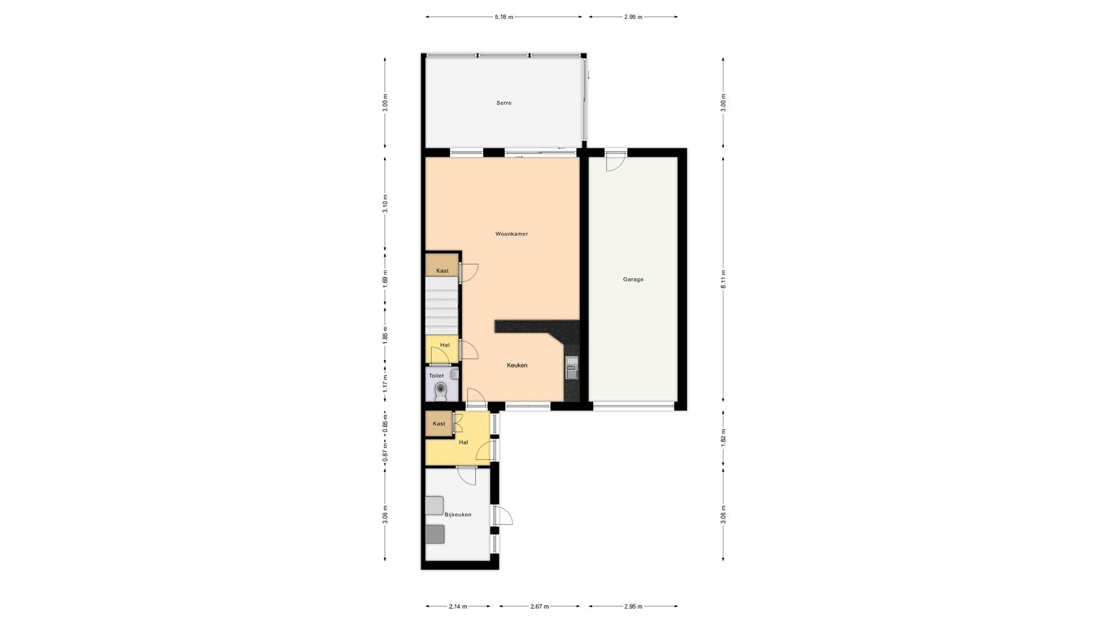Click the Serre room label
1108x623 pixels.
point(504,103)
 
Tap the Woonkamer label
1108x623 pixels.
point(511,234)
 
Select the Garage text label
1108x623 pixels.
point(633,280)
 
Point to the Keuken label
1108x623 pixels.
point(517,365)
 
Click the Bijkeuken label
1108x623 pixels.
point(458,515)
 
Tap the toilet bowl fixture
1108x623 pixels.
point(441,391)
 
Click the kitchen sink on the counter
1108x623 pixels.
point(571,368)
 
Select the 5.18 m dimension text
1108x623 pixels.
point(504,17)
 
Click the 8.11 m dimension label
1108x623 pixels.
point(724,279)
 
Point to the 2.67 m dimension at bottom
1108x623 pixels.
point(540,606)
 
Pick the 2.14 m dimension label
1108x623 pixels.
point(458,606)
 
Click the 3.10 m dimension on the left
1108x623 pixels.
point(385,204)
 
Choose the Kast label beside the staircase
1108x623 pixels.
point(443,271)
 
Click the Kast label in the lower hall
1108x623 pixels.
point(439,424)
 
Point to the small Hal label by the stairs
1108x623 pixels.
point(445,346)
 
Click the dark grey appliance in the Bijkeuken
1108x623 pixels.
point(435,534)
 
